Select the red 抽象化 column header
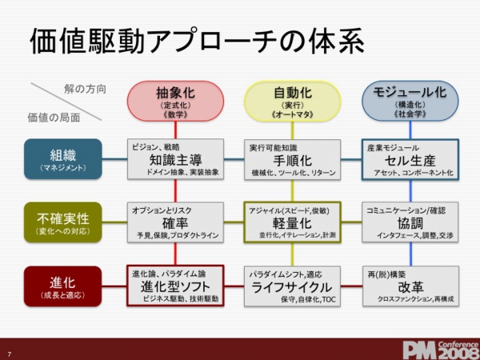click(x=174, y=101)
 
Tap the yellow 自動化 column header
click(x=292, y=101)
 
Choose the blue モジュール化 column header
click(x=410, y=101)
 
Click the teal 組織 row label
click(x=63, y=158)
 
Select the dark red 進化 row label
click(x=63, y=286)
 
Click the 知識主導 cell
click(x=174, y=158)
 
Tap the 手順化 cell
click(x=292, y=158)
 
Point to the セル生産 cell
click(x=410, y=158)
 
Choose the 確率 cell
click(x=174, y=222)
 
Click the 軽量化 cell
click(x=292, y=222)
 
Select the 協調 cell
click(x=410, y=222)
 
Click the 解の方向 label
click(x=85, y=88)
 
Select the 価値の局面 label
click(x=54, y=118)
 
